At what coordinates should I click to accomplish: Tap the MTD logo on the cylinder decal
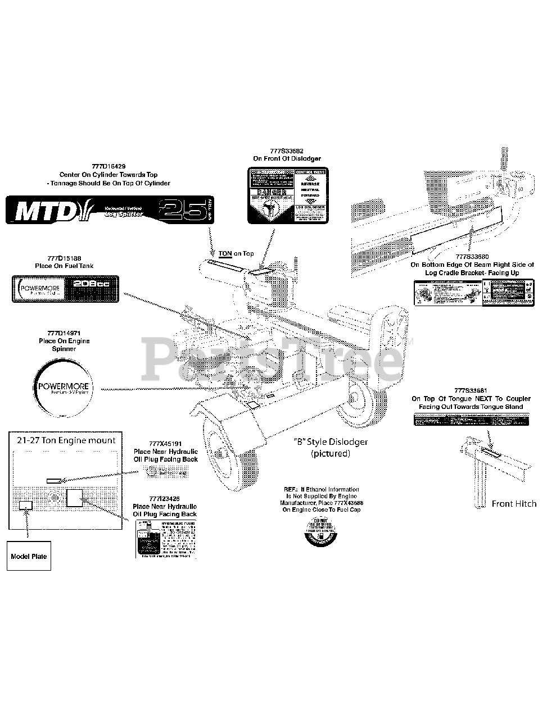47,211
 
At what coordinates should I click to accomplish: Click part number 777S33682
287,151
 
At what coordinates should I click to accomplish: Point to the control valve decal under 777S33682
288,196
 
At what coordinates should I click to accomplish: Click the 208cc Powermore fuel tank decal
66,289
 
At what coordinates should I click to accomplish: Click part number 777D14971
64,333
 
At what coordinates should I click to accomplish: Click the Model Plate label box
29,556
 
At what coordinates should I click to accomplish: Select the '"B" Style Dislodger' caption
331,442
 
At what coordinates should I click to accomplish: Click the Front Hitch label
514,504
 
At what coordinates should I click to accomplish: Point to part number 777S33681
471,391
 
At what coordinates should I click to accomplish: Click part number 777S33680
472,257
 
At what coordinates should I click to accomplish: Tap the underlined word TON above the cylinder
225,254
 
